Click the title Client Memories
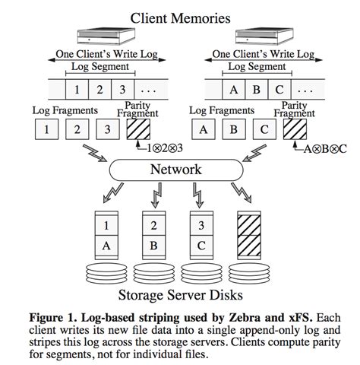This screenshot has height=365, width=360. [180, 17]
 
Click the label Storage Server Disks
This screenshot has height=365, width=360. [180, 294]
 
